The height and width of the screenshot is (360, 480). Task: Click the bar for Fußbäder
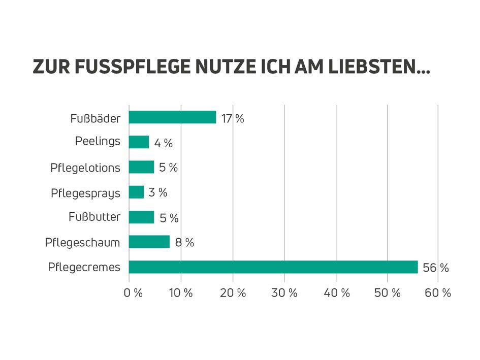click(x=172, y=117)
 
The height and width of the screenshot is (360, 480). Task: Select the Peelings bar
click(x=139, y=142)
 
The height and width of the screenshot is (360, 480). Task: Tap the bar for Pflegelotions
click(x=141, y=167)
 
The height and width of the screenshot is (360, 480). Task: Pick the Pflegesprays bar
click(x=136, y=192)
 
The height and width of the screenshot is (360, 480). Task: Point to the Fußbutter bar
click(x=141, y=217)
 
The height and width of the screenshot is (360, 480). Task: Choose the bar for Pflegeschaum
click(x=149, y=242)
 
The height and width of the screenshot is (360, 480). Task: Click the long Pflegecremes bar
click(x=273, y=267)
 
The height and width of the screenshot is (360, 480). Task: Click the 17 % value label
click(x=233, y=119)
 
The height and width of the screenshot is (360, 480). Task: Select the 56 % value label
click(x=436, y=268)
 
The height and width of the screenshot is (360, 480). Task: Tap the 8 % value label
click(x=184, y=243)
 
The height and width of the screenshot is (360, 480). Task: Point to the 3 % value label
click(x=158, y=193)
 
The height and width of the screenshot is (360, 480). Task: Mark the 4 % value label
click(x=164, y=144)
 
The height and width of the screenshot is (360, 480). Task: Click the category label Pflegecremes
click(x=84, y=268)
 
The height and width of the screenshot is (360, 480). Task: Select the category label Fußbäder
click(x=95, y=119)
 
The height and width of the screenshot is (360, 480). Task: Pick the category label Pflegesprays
click(x=85, y=193)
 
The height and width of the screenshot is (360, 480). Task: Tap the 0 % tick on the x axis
click(x=133, y=293)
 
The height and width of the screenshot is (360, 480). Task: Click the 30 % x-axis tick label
click(x=285, y=293)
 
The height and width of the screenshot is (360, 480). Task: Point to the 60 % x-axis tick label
click(x=438, y=293)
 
